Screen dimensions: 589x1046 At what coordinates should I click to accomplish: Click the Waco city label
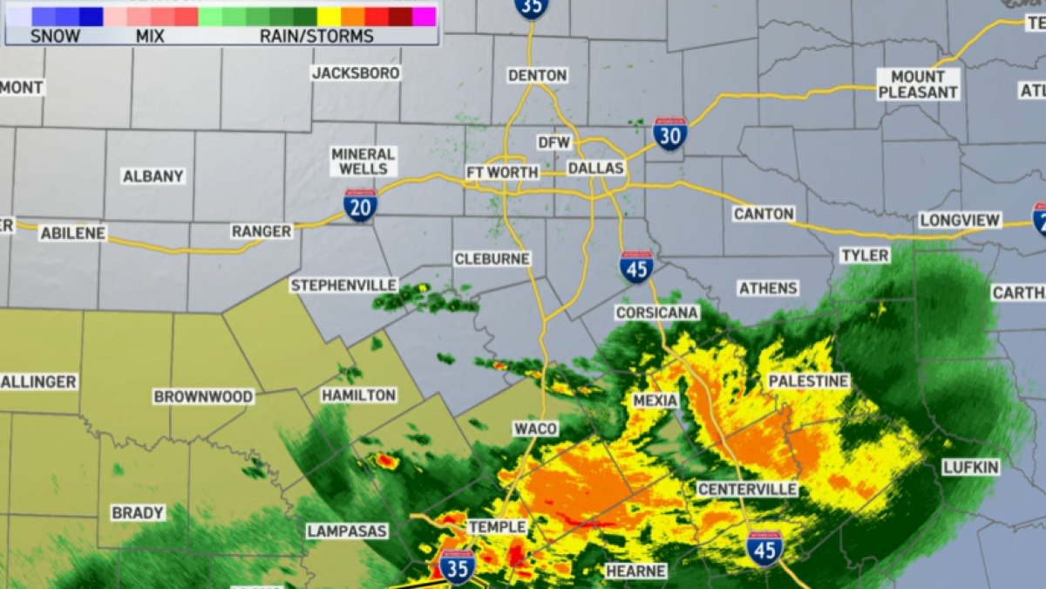[535, 428]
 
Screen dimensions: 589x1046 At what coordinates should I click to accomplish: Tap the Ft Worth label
[503, 172]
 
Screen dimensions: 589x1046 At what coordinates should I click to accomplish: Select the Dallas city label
[596, 168]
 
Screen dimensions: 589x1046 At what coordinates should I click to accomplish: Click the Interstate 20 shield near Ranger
[360, 205]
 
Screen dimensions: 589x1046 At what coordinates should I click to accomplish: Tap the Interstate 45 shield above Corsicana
[637, 266]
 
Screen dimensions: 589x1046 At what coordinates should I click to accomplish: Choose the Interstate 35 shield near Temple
[457, 566]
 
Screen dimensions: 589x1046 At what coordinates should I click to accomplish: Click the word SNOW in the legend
[55, 36]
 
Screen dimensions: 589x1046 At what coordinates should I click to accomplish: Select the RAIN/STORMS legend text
[316, 36]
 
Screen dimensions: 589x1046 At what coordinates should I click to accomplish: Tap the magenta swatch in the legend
[424, 17]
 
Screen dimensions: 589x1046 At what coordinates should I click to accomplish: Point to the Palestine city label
[808, 381]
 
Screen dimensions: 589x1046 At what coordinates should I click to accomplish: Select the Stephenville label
[344, 285]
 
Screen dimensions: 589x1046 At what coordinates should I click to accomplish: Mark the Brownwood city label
[204, 396]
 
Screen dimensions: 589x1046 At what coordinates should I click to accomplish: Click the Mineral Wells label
[363, 161]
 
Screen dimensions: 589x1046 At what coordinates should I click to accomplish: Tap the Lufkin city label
[971, 468]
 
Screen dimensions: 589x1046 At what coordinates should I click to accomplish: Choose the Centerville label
[748, 489]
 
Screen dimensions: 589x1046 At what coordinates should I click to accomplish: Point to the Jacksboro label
[356, 72]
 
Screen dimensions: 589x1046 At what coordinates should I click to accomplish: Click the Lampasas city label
[347, 531]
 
